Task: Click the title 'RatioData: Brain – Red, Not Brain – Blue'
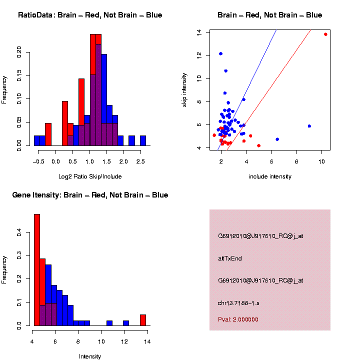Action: [x=90, y=15]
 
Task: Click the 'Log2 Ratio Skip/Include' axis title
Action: [x=90, y=176]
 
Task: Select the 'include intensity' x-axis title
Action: [x=270, y=176]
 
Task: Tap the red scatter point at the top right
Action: [x=325, y=34]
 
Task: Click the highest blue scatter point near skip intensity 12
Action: [x=220, y=53]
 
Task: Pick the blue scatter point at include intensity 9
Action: [x=309, y=126]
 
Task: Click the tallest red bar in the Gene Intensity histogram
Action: [x=37, y=270]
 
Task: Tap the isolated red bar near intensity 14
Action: [x=143, y=320]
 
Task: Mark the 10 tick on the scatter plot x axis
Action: [x=321, y=162]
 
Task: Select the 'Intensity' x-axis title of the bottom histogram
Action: [x=90, y=356]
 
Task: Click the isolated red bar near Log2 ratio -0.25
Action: [x=48, y=134]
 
